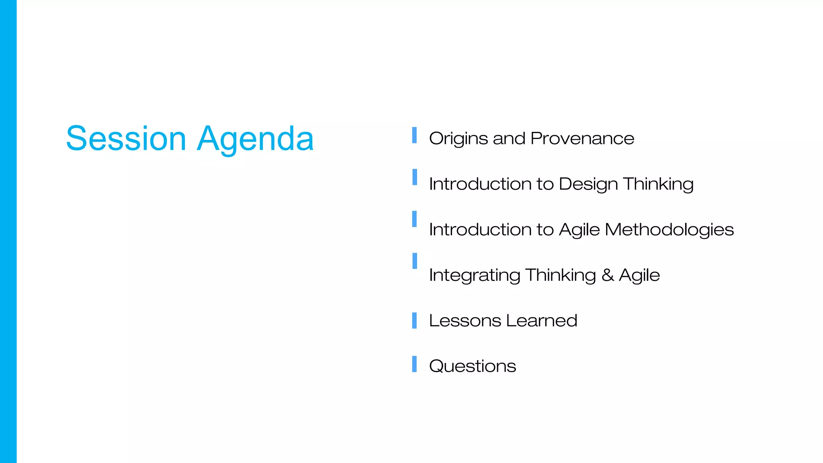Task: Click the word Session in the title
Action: click(x=126, y=139)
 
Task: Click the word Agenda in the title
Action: click(x=255, y=139)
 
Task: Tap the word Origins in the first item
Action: click(x=459, y=139)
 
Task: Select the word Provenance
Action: click(x=582, y=139)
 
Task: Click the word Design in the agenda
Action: click(x=588, y=184)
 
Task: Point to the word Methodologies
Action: click(x=669, y=230)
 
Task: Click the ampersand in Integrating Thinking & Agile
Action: click(x=608, y=275)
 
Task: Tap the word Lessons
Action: click(x=465, y=321)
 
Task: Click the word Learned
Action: click(x=541, y=321)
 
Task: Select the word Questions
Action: click(x=472, y=366)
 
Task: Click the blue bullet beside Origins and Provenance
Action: click(x=414, y=135)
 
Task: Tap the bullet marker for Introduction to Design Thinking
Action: click(x=414, y=177)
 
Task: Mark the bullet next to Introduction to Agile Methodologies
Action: click(x=414, y=219)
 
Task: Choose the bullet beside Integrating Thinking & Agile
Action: click(x=414, y=261)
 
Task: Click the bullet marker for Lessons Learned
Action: click(x=414, y=320)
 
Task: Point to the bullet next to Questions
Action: click(x=414, y=364)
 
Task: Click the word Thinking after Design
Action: click(x=658, y=184)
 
